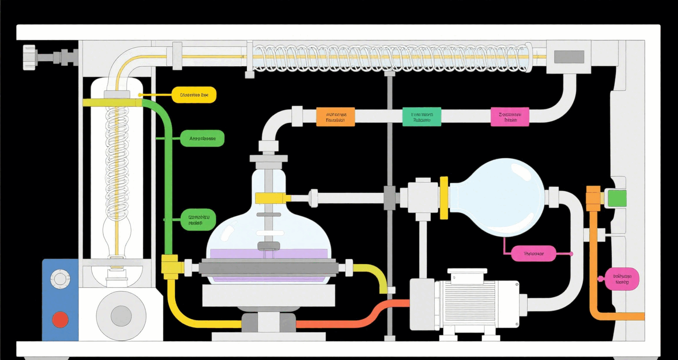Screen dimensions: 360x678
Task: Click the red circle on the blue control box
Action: tap(60, 319)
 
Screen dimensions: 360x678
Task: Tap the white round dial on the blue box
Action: tap(60, 279)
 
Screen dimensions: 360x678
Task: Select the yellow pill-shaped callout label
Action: tap(194, 95)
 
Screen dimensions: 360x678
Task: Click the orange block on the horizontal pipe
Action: tap(335, 117)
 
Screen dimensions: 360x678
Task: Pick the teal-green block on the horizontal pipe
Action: tap(422, 117)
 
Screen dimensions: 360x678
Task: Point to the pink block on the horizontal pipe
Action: tap(510, 117)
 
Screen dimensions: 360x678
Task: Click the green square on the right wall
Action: tap(617, 198)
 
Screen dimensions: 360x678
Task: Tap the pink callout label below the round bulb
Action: tap(533, 254)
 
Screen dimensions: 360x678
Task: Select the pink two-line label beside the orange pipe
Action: tap(622, 279)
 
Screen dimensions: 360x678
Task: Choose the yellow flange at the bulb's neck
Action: tap(444, 197)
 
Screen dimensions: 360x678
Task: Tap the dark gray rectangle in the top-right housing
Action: tap(569, 57)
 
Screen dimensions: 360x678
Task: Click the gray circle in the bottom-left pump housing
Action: tap(121, 316)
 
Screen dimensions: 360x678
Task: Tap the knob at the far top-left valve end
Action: tap(29, 57)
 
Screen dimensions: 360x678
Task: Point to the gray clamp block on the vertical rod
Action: tap(389, 197)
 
